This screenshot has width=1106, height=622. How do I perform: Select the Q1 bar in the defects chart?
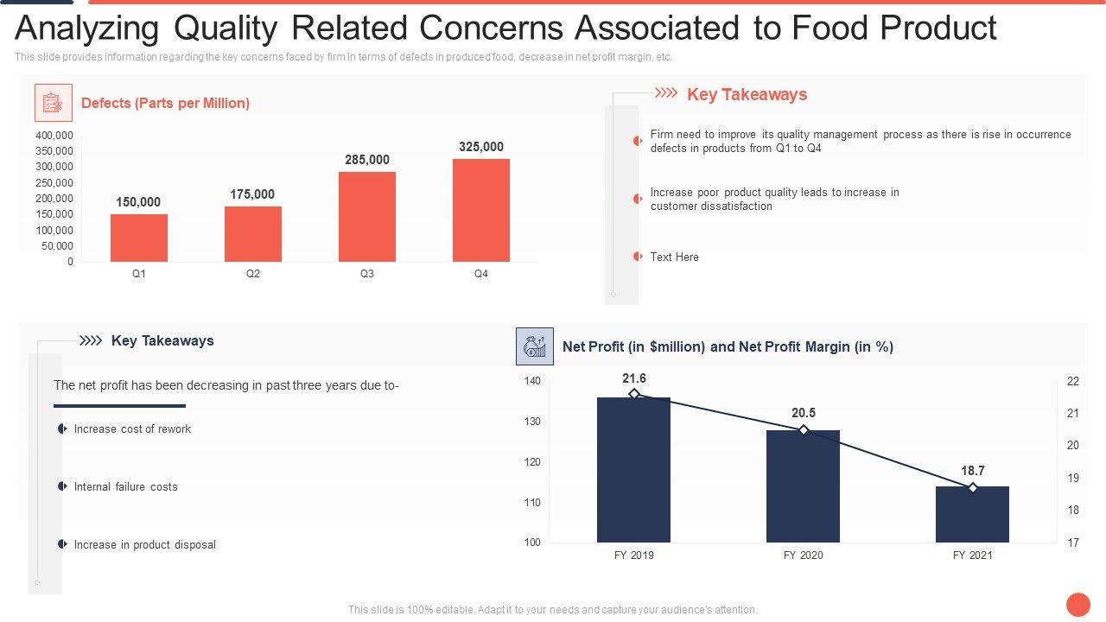139,238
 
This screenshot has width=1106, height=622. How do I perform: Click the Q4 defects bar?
481,210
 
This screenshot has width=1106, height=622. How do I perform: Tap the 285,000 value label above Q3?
367,160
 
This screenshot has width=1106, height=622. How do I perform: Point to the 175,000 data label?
252,194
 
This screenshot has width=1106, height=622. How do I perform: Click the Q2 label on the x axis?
252,274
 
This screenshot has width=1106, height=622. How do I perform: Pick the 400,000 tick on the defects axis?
54,136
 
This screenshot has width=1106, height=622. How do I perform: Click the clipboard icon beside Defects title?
54,103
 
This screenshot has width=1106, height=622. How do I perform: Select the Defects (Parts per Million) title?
165,103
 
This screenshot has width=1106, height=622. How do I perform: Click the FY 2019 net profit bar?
633,470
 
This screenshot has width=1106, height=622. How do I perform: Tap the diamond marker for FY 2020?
804,430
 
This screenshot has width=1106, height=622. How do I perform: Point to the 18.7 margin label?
973,471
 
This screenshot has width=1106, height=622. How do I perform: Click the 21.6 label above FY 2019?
634,378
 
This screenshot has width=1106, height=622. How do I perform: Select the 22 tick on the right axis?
1073,381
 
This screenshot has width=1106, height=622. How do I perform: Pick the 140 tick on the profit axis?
532,381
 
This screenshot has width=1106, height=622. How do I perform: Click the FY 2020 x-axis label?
804,555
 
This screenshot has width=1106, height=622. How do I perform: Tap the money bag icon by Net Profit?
534,346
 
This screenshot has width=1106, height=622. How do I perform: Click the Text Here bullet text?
675,257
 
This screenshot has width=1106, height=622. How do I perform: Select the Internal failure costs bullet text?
126,486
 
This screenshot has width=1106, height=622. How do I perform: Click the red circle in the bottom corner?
1077,604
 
